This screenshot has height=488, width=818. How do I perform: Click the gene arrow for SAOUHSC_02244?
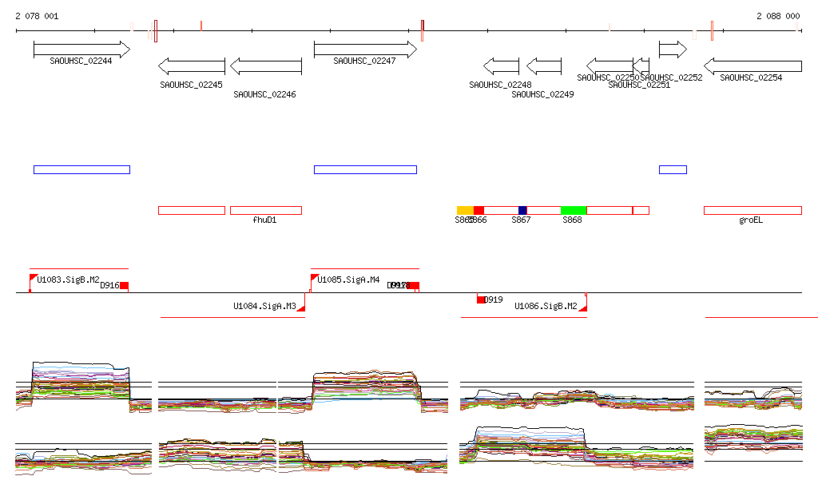[81, 50]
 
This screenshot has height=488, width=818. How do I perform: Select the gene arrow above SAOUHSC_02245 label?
[192, 65]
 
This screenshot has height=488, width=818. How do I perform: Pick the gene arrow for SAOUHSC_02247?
[365, 50]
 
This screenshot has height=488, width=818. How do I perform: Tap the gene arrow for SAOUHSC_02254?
[752, 65]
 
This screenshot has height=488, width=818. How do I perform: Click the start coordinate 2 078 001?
[37, 16]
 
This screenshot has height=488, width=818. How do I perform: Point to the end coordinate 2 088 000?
[778, 16]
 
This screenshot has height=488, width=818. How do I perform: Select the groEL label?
[751, 220]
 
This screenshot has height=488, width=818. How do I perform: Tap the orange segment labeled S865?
[465, 210]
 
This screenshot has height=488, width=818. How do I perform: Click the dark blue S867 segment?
[522, 210]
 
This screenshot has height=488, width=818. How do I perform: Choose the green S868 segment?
[574, 210]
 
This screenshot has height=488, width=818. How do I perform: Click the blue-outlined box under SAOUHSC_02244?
[81, 169]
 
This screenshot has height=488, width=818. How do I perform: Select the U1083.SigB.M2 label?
[69, 280]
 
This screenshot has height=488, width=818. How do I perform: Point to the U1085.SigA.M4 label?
[348, 280]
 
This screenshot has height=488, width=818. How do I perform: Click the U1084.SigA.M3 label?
[264, 306]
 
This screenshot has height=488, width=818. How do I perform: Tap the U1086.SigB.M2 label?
[546, 306]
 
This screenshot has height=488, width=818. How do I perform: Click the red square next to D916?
[124, 286]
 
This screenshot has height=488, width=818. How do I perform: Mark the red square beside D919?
[481, 300]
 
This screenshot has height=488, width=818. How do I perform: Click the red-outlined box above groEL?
[752, 210]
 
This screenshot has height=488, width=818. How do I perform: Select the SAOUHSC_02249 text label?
[542, 94]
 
